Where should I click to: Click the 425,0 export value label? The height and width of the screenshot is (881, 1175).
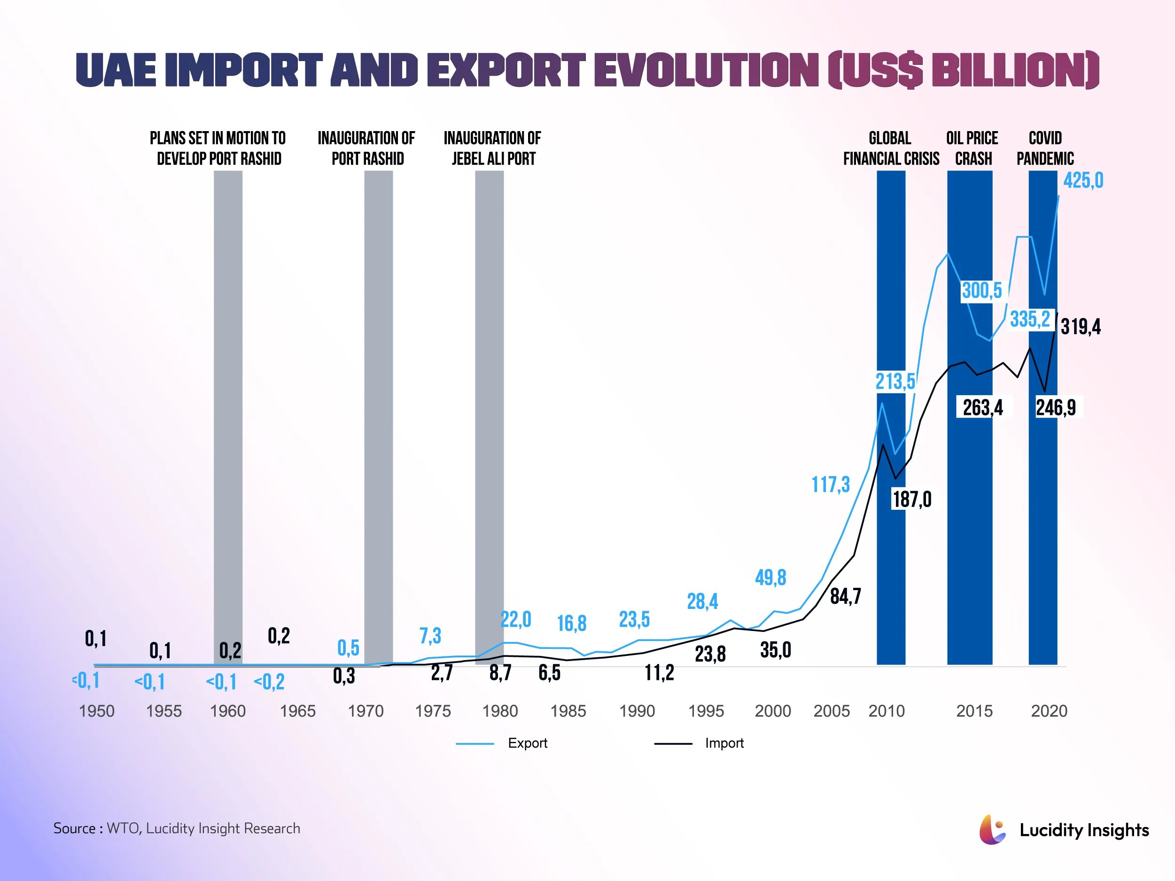[1082, 180]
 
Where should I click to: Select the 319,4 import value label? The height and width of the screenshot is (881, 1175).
[1081, 326]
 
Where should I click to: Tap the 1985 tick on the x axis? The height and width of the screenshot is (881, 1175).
[568, 710]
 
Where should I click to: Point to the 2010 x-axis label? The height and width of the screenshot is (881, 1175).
[886, 710]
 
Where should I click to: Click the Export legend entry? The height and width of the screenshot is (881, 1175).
[527, 743]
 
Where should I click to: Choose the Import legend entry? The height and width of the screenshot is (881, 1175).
[724, 743]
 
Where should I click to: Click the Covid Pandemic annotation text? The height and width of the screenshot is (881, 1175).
[1045, 148]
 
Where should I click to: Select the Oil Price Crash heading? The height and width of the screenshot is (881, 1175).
[972, 148]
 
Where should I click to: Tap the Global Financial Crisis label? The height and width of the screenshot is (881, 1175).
[891, 148]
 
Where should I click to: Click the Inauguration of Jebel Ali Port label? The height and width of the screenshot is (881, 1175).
[492, 148]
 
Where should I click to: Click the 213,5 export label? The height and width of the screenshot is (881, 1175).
[895, 381]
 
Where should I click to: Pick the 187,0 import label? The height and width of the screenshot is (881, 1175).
[911, 499]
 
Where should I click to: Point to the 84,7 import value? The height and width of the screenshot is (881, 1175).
[845, 596]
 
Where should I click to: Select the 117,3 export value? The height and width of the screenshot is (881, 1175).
[830, 484]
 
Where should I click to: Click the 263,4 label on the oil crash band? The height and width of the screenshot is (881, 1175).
[983, 407]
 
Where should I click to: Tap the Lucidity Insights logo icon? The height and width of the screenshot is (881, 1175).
[992, 830]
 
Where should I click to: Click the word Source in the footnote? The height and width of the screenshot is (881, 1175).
[74, 828]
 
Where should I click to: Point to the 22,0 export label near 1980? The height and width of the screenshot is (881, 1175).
[515, 619]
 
